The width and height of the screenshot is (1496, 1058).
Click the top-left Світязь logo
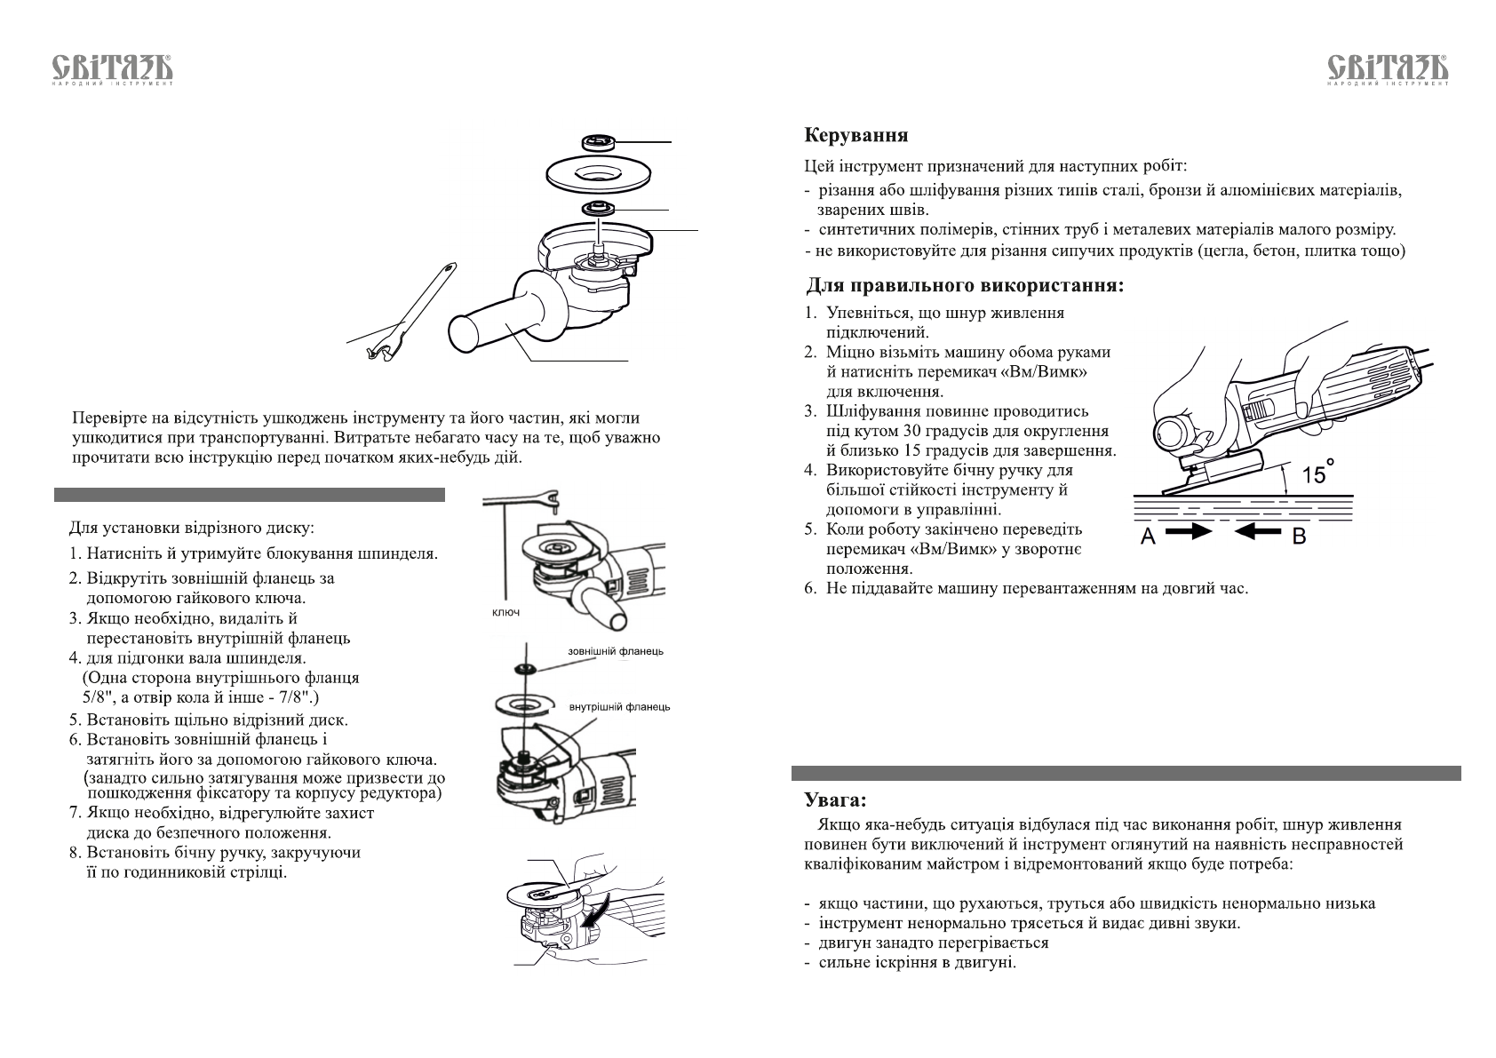(112, 70)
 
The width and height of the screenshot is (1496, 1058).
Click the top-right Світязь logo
(1387, 70)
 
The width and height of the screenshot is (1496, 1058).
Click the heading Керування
(855, 136)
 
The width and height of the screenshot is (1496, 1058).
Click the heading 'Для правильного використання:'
(964, 286)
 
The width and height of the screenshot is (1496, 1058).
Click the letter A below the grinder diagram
(1148, 536)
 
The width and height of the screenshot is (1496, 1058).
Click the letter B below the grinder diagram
(1299, 536)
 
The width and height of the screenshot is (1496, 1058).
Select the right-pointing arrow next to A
(1189, 532)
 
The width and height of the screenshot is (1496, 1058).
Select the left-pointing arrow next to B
(1257, 532)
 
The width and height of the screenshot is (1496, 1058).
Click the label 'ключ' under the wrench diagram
(505, 613)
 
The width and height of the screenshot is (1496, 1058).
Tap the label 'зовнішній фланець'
(615, 651)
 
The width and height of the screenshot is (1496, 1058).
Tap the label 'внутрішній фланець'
(619, 707)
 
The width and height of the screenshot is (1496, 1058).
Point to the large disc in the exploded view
(593, 172)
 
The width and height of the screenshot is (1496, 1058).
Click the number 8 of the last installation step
(75, 853)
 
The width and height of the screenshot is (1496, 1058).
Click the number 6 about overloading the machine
(810, 588)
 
